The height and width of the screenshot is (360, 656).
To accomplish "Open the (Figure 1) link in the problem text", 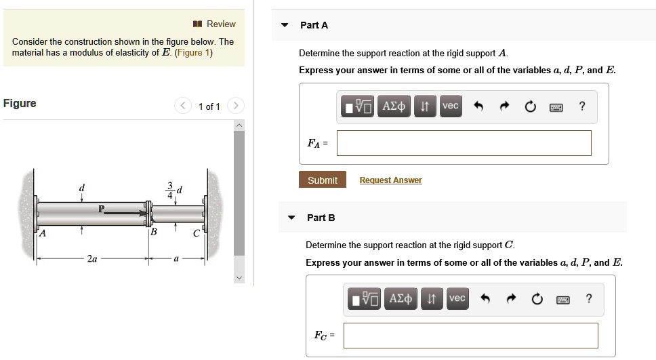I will pos(193,53).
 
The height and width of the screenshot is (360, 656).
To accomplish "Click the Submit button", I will pos(322,180).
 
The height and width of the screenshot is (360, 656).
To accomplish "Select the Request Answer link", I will pos(390,180).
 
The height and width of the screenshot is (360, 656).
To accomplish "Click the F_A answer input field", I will pos(464,143).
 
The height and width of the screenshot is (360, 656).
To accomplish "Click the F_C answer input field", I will pos(470,336).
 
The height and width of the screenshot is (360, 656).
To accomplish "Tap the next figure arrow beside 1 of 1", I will pos(235,106).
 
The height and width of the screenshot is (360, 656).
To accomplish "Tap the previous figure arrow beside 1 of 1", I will pos(183,106).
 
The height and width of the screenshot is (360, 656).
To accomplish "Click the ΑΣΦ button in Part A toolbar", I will pos(394,106).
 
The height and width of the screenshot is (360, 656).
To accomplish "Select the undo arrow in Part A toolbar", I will pos(478,106).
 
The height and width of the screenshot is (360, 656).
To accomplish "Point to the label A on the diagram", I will pos(42,235).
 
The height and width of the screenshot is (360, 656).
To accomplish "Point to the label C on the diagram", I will pos(197,235).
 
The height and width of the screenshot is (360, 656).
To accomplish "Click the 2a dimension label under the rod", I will pos(92,258).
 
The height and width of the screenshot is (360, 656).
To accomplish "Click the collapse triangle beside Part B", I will pos(291,218).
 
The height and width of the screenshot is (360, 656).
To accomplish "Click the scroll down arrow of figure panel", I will pos(239,278).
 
